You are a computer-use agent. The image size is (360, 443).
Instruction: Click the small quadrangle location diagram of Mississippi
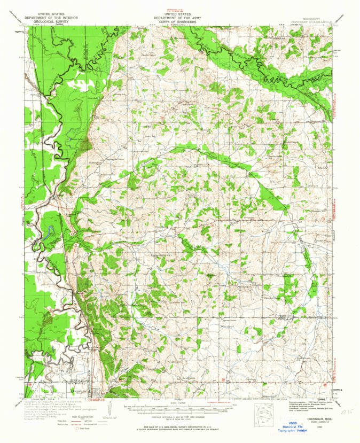(x=263, y=413)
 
